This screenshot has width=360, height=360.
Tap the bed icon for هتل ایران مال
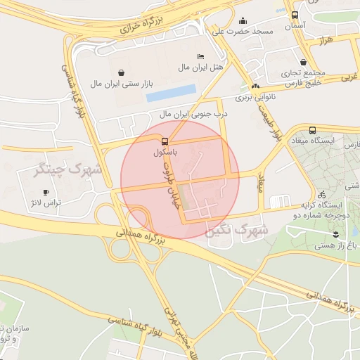(201, 56)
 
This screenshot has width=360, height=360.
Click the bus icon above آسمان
(295, 14)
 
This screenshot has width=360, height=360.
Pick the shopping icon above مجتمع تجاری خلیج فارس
(303, 62)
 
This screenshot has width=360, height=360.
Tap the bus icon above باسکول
(165, 140)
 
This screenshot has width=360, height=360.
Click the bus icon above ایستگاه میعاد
(312, 130)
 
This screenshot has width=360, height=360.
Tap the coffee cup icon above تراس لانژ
(46, 191)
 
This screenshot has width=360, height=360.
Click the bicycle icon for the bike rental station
(321, 194)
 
